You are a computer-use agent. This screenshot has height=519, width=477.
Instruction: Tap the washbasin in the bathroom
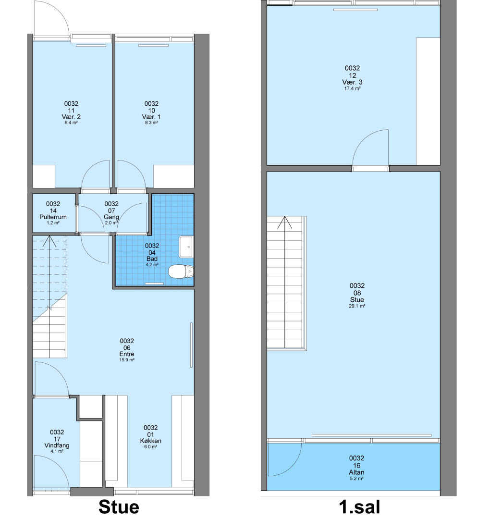tap(186, 247)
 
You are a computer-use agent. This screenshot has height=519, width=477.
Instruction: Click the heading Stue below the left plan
tap(119, 507)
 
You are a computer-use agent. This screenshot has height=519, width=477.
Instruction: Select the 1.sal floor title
tap(360, 507)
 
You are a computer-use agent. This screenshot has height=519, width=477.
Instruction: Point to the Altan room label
tap(356, 472)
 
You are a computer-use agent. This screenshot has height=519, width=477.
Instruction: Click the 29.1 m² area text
tap(357, 306)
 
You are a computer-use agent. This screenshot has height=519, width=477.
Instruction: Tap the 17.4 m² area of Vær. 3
tap(352, 89)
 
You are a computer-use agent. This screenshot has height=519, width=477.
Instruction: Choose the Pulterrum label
tap(53, 217)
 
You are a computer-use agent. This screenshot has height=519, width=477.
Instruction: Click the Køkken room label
tap(150, 441)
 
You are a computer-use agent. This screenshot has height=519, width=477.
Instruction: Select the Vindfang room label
tap(57, 445)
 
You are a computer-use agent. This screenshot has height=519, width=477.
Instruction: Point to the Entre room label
tap(127, 354)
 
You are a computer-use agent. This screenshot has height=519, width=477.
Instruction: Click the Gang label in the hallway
tap(111, 217)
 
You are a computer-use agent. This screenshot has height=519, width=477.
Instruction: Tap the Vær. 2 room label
tap(71, 117)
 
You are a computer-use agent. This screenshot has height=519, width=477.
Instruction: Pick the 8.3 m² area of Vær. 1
tap(151, 123)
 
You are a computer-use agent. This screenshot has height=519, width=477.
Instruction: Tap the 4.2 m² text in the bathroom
tap(152, 265)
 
